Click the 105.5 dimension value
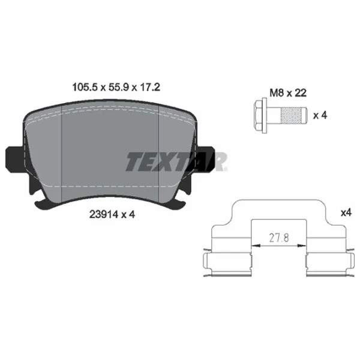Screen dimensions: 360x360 click(x=85, y=87)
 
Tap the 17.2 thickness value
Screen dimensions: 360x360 click(x=151, y=87)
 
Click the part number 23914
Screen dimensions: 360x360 click(x=104, y=214)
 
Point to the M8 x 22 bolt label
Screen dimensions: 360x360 click(x=288, y=93)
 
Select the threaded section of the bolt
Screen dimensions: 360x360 click(x=292, y=115)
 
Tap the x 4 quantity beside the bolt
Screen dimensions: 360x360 click(x=320, y=115)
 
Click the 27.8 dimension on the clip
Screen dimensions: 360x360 click(x=279, y=238)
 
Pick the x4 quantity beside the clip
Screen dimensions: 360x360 click(x=346, y=212)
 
